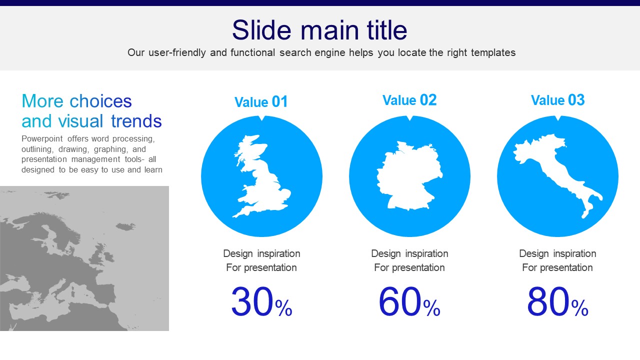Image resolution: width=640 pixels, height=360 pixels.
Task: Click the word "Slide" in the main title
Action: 261,30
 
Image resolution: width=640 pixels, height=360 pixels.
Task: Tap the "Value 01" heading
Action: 261,101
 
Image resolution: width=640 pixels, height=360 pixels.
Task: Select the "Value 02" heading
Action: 409,100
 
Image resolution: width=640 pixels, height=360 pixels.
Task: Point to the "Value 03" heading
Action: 557,100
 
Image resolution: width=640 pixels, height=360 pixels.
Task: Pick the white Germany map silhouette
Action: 409,175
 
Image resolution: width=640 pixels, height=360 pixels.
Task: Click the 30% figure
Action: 261,301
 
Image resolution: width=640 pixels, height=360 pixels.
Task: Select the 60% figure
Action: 409,301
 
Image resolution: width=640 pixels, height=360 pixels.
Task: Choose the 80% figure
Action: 557,301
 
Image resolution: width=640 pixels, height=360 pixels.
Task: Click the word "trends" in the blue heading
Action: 136,121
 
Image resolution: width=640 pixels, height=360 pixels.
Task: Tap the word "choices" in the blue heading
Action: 100,101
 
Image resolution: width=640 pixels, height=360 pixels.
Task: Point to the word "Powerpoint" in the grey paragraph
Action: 42,139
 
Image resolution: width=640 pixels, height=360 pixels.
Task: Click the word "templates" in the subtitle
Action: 493,53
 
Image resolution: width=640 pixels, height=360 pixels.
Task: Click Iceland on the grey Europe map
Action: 125,226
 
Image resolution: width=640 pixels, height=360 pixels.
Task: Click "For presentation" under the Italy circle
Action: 557,267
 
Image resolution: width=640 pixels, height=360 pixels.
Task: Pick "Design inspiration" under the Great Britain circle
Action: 261,253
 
